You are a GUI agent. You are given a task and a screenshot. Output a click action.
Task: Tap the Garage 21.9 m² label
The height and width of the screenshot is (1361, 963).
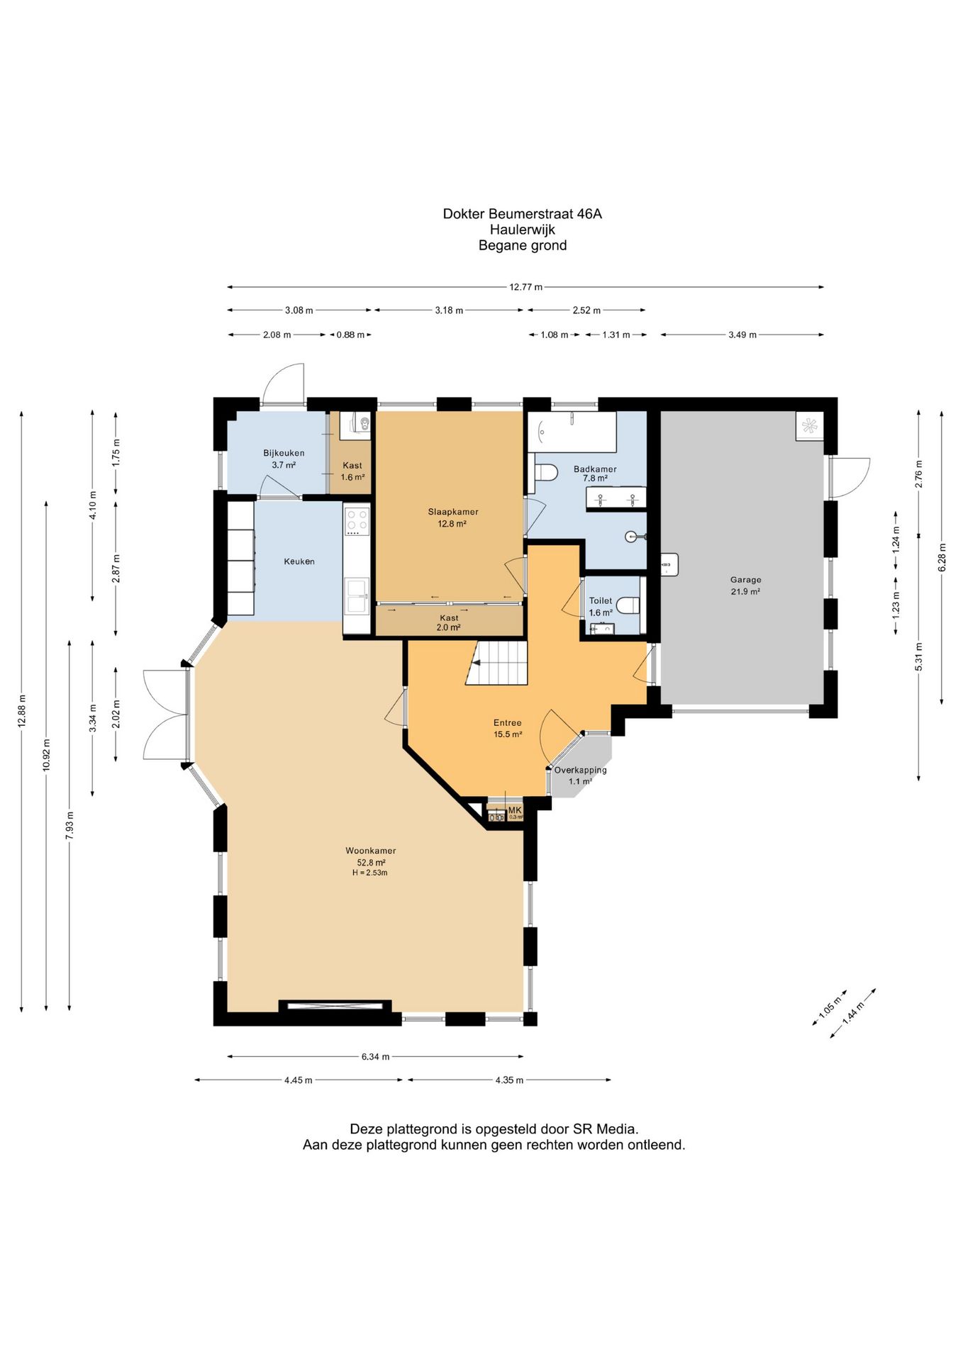(745, 585)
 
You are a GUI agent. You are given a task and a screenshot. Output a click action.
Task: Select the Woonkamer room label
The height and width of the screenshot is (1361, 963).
(371, 851)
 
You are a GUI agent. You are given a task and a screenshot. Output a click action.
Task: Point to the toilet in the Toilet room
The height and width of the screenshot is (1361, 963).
(628, 605)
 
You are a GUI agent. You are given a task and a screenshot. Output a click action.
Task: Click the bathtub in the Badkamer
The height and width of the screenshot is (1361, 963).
(572, 432)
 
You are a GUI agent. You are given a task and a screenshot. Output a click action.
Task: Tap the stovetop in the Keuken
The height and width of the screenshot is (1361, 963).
(357, 521)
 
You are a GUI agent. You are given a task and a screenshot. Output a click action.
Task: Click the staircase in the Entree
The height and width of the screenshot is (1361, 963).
(497, 662)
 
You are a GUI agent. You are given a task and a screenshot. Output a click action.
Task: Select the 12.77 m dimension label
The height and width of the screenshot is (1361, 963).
(525, 287)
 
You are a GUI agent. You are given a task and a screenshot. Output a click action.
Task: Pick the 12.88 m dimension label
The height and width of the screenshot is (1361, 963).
(22, 710)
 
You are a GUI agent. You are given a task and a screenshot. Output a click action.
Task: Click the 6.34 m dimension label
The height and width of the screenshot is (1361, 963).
(375, 1056)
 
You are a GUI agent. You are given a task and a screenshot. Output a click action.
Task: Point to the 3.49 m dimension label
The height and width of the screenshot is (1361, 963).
(742, 335)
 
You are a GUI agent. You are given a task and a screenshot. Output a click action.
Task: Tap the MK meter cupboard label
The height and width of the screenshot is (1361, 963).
(515, 810)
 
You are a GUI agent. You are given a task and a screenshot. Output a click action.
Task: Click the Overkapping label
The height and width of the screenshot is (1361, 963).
(580, 770)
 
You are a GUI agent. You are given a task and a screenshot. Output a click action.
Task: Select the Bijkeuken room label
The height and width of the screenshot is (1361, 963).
(284, 453)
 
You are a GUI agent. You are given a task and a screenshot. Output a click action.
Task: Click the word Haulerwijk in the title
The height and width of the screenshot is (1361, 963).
(522, 230)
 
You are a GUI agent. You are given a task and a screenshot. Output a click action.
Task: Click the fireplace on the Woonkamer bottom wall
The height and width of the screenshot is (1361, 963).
(335, 1004)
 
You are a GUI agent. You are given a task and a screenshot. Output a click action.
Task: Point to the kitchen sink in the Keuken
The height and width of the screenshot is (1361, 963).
(357, 595)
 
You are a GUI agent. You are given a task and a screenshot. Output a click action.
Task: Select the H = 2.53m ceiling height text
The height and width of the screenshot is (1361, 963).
(369, 873)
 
